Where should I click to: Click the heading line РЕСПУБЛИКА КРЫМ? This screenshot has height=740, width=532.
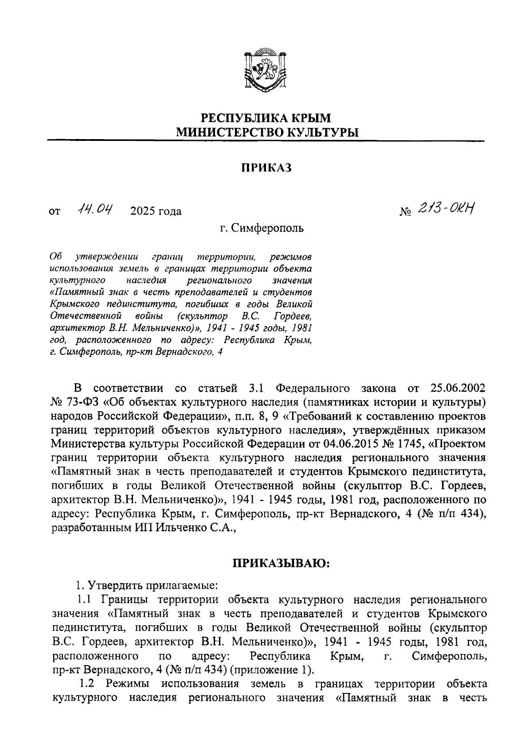tap(266, 118)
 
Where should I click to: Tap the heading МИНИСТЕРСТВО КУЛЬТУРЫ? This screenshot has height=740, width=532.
tap(266, 132)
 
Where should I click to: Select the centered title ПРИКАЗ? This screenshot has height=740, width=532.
tap(266, 167)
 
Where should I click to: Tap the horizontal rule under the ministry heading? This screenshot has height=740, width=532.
tap(266, 141)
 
